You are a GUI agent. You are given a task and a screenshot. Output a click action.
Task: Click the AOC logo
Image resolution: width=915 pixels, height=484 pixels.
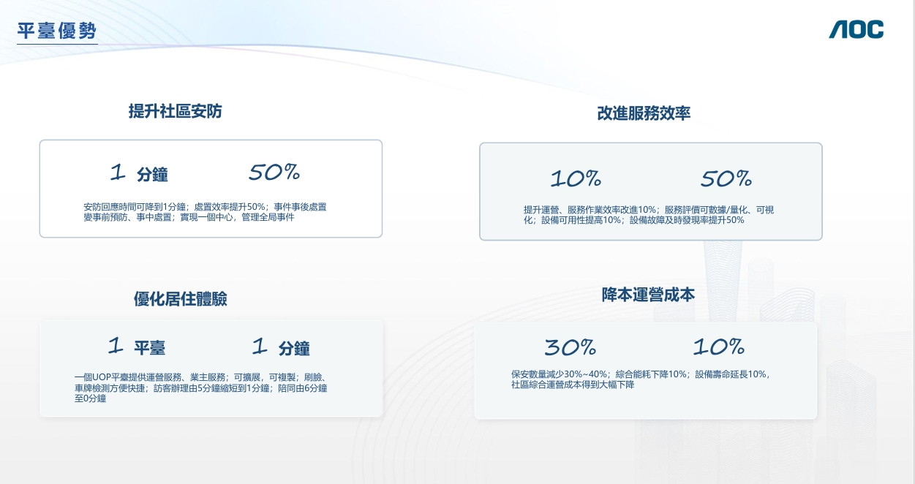856,29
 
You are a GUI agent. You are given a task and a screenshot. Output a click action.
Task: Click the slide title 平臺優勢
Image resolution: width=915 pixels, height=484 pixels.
57,31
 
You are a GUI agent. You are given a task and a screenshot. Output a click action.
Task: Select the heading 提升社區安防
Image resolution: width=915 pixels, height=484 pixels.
176,111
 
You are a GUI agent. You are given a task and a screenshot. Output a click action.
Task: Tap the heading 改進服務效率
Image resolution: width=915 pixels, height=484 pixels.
644,113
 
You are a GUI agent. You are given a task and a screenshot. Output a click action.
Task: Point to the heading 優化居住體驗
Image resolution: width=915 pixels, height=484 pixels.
181,299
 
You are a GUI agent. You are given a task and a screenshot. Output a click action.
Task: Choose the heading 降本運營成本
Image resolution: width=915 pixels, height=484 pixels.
648,295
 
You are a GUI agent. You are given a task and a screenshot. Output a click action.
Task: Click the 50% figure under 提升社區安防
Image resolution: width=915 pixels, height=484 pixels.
274,172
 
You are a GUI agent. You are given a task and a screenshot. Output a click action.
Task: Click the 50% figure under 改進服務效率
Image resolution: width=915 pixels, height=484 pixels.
726,178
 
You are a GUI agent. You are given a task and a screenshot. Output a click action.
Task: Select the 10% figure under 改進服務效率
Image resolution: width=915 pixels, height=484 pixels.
576,178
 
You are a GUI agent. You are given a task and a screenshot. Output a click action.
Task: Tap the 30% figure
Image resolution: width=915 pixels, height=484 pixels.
571,347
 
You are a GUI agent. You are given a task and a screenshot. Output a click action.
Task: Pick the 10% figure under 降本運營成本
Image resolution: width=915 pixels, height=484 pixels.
719,347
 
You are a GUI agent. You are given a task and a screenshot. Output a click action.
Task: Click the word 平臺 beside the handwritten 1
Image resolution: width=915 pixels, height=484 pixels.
149,348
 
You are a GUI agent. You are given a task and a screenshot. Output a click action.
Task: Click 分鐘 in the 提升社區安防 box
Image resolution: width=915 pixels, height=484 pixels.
152,175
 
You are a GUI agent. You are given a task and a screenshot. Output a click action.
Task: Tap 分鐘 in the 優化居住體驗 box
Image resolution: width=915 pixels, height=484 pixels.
294,349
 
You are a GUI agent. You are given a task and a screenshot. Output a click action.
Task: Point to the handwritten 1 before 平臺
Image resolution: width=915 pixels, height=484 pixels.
116,345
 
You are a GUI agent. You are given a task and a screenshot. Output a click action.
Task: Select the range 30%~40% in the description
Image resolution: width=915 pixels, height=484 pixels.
585,374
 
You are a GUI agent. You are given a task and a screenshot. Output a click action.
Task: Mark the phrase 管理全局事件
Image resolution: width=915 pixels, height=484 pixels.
268,217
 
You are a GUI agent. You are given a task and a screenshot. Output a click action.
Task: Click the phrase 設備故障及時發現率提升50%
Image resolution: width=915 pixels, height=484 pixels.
687,220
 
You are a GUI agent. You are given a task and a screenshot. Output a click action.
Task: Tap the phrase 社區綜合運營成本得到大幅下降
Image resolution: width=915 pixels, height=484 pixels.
573,385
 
